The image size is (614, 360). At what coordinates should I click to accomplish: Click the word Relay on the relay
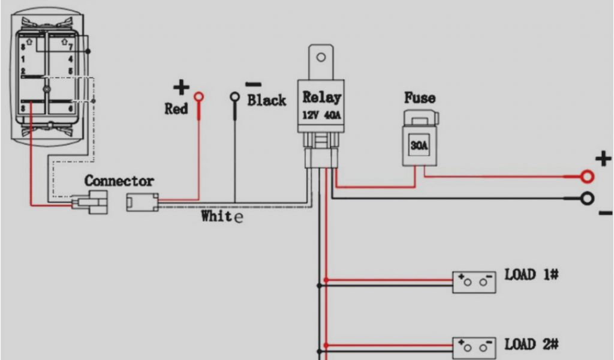(322, 97)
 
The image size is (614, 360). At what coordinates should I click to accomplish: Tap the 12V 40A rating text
(322, 114)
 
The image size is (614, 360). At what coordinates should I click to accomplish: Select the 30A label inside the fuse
(419, 145)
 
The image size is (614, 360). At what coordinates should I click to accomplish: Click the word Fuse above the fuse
(420, 98)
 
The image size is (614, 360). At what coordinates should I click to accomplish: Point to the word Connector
(119, 181)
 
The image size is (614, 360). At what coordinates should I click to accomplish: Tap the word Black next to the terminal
(267, 100)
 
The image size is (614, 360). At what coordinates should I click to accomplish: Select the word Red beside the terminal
(176, 109)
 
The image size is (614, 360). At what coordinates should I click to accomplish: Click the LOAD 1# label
(532, 275)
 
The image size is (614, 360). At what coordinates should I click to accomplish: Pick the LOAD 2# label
(532, 344)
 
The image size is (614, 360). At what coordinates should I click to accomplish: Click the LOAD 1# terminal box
(474, 282)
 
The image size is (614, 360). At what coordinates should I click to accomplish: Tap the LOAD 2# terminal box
(474, 347)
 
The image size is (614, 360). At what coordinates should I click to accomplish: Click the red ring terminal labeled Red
(198, 97)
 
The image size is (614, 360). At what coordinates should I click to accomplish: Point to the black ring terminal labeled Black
(235, 97)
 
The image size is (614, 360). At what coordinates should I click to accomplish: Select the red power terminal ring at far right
(587, 176)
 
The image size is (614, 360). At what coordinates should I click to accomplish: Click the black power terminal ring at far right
(587, 198)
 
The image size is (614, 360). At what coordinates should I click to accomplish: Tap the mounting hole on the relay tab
(321, 58)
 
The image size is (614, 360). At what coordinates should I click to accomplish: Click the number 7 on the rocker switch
(71, 46)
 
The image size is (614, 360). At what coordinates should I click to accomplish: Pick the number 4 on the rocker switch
(71, 59)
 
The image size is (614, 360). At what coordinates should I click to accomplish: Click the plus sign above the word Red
(180, 88)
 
